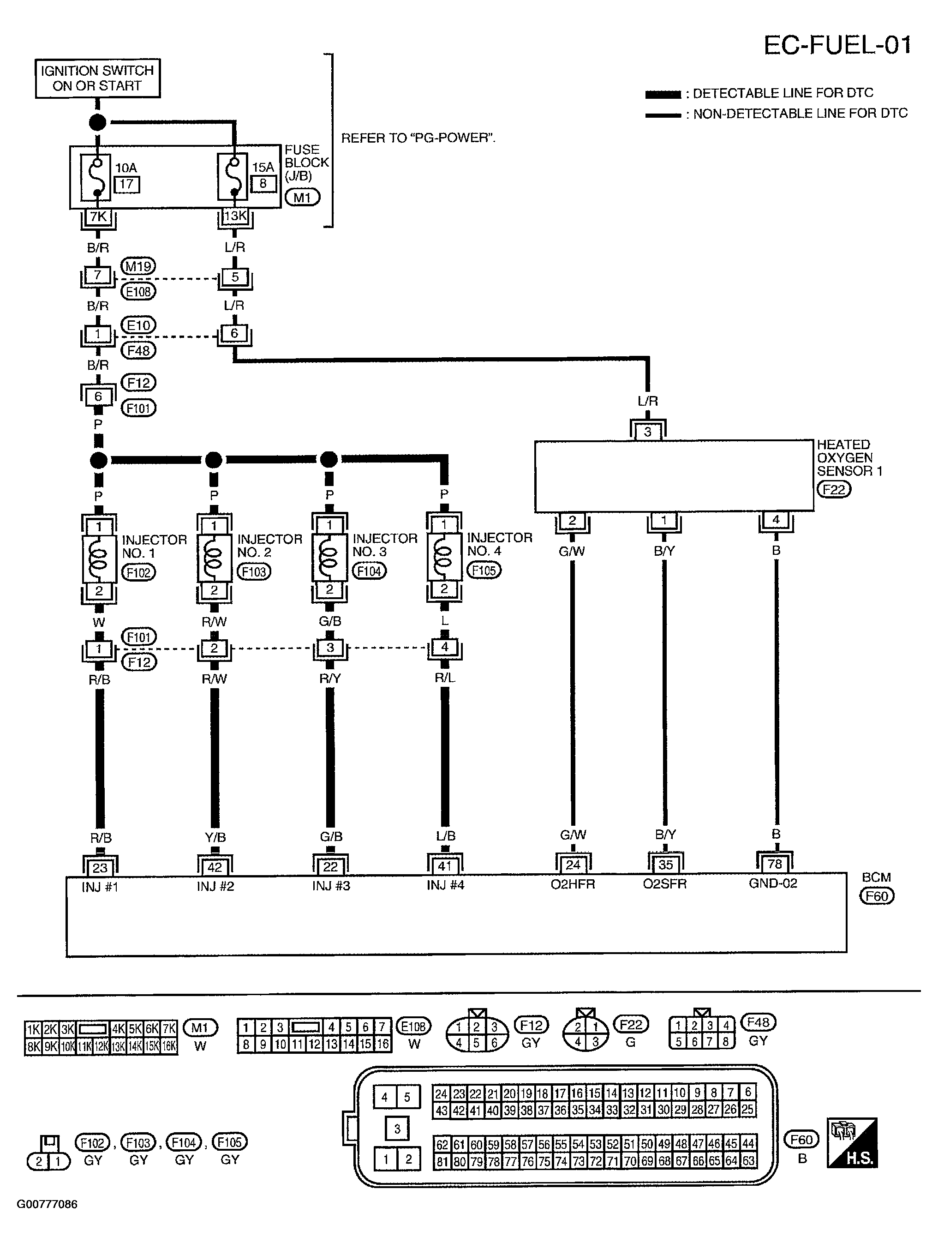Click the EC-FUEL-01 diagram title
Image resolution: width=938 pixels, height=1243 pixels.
tap(836, 44)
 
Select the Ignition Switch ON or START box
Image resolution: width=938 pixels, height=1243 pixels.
tap(97, 78)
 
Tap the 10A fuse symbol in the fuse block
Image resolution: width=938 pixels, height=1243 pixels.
tap(96, 177)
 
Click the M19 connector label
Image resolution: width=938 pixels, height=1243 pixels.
tap(138, 266)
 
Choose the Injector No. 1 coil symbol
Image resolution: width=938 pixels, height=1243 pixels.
tap(99, 559)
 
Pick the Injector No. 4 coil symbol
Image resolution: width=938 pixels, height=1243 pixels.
tap(444, 558)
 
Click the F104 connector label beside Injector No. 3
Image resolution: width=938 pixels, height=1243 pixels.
tap(369, 571)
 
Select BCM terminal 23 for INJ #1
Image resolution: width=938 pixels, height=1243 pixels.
tap(100, 868)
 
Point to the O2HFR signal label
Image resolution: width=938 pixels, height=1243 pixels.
tap(572, 884)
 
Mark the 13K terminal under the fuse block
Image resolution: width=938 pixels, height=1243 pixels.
tap(235, 216)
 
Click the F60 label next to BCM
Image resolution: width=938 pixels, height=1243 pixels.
tap(877, 896)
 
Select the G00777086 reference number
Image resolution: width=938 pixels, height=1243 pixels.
tap(47, 1204)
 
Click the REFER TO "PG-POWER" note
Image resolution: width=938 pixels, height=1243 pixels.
tap(418, 138)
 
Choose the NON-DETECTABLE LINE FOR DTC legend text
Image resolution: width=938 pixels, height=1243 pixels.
tap(800, 114)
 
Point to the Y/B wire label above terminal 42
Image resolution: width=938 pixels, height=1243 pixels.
tap(215, 837)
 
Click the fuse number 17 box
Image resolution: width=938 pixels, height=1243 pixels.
tap(126, 184)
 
